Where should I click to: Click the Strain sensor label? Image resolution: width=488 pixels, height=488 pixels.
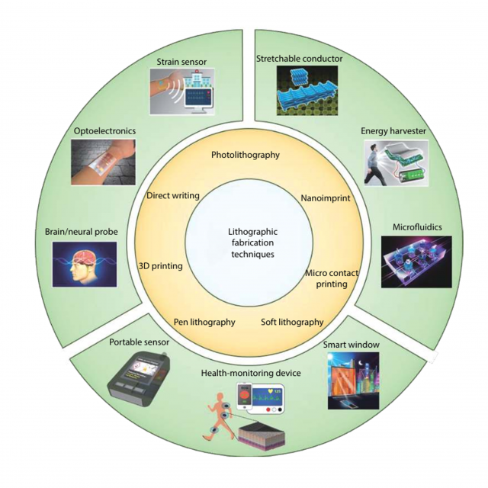click(181, 62)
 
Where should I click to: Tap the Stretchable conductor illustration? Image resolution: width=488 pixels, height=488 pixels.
click(307, 91)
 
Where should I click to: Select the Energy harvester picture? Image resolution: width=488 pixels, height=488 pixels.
click(396, 163)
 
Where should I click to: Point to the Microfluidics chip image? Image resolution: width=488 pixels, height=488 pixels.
click(416, 262)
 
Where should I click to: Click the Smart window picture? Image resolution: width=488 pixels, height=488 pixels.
click(354, 380)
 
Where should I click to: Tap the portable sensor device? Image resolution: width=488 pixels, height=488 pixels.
click(139, 380)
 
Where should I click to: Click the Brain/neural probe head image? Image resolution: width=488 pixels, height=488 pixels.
click(85, 264)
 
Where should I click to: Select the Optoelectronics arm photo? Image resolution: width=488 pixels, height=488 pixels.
click(104, 162)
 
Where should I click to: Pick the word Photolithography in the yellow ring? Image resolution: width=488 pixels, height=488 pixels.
click(246, 155)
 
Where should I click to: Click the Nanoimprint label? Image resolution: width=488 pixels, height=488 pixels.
click(326, 198)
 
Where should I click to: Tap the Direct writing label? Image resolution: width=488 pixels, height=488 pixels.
click(173, 196)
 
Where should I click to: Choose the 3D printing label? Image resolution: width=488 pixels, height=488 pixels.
click(161, 266)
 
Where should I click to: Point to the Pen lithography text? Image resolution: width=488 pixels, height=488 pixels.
click(204, 322)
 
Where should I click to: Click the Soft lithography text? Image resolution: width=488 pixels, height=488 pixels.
click(292, 322)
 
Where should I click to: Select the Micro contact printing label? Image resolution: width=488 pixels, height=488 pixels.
click(332, 278)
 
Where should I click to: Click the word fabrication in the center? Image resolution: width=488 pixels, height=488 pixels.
click(252, 242)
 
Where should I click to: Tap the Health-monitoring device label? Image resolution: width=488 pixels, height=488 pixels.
click(251, 373)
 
